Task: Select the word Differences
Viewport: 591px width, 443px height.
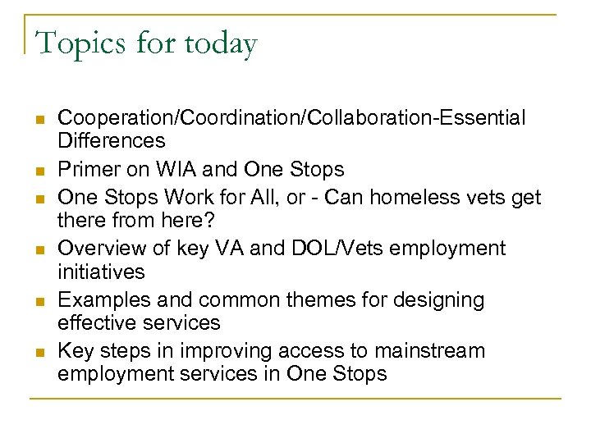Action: (x=111, y=140)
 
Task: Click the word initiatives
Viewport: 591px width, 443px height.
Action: (x=101, y=271)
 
